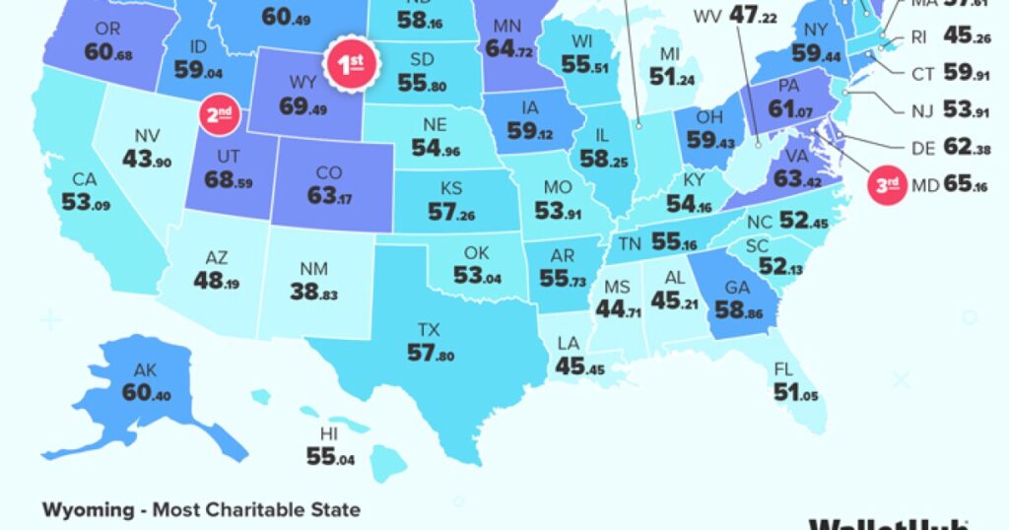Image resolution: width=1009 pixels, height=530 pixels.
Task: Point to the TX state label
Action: pyautogui.click(x=429, y=329)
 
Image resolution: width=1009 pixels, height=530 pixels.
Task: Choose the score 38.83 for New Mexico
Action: pyautogui.click(x=314, y=292)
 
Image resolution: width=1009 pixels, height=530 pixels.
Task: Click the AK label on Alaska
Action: pyautogui.click(x=146, y=372)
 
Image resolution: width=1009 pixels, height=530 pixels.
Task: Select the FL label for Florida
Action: pyautogui.click(x=783, y=370)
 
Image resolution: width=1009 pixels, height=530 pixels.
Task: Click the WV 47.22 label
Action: pyautogui.click(x=734, y=17)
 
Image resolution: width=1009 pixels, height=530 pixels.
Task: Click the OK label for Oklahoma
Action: pyautogui.click(x=478, y=254)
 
